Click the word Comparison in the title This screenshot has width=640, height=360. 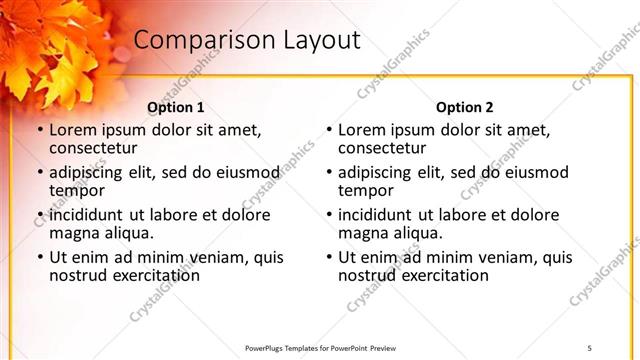196,41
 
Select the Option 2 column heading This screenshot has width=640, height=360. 464,107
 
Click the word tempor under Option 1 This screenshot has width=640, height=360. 77,190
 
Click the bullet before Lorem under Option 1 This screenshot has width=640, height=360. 39,131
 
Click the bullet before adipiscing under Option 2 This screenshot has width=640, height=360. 328,173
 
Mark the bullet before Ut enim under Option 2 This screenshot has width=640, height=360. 328,258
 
